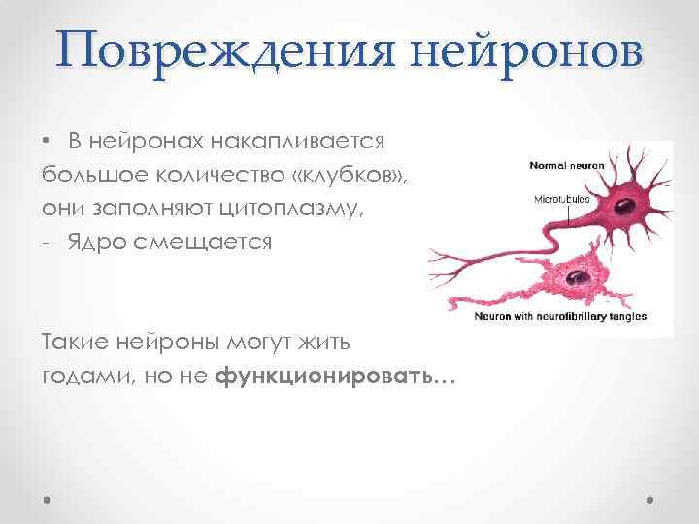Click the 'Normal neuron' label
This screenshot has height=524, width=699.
tap(566, 166)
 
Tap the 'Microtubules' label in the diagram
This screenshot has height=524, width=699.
tap(562, 199)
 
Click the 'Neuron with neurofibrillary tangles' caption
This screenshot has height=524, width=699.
tap(560, 316)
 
